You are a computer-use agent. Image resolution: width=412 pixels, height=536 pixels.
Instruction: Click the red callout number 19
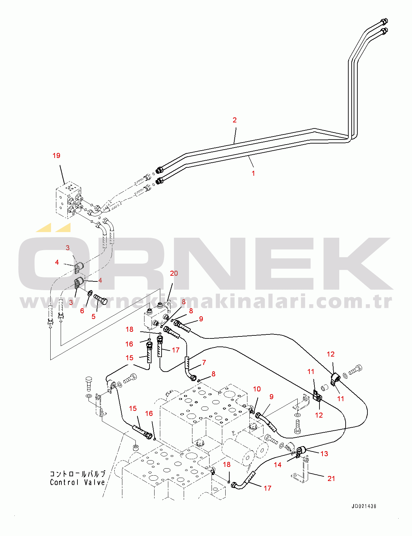(x=56, y=156)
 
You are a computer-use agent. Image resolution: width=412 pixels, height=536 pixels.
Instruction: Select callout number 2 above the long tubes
(x=235, y=120)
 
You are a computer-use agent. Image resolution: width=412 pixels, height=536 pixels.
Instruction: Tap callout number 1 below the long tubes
(x=253, y=173)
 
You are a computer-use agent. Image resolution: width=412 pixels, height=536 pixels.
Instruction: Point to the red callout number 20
(x=174, y=273)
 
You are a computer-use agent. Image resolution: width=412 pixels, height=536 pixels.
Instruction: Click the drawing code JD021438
(x=364, y=506)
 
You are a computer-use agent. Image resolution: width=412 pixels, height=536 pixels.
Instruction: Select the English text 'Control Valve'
(x=77, y=482)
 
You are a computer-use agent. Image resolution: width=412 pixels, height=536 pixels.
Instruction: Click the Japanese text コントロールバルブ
(x=77, y=474)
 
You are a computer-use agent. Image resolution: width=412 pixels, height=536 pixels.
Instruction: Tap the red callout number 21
(x=331, y=479)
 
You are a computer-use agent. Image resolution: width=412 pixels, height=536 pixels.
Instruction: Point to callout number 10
(x=257, y=389)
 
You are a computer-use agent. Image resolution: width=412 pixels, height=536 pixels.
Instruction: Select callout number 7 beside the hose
(x=204, y=363)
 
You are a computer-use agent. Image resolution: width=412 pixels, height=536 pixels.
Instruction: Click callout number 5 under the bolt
(x=94, y=317)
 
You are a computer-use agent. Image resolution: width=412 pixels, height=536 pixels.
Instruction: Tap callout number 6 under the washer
(x=82, y=311)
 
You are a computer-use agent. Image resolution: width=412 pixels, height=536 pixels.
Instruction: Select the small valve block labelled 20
(x=157, y=317)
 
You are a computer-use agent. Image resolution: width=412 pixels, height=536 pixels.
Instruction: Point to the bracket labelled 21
(x=301, y=470)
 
